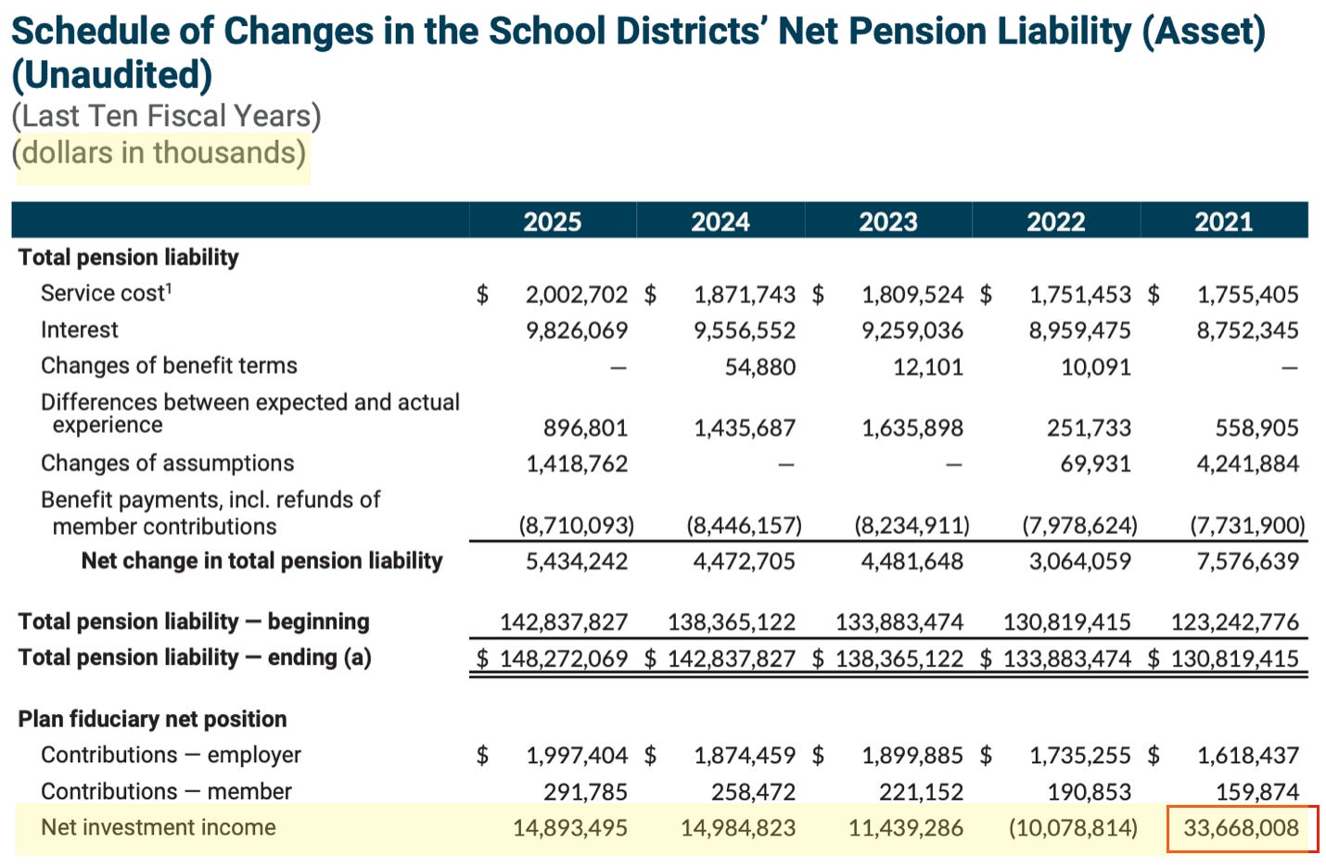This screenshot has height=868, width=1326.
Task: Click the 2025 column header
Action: tap(552, 222)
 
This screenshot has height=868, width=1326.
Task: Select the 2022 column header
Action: tap(1055, 222)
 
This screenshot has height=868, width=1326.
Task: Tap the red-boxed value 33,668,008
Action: tap(1241, 828)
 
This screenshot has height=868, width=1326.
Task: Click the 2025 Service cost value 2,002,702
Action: tap(576, 295)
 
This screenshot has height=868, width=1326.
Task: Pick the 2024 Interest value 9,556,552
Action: tap(744, 330)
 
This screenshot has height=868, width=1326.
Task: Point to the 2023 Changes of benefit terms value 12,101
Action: tap(927, 367)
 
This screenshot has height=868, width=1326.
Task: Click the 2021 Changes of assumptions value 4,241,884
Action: tap(1247, 464)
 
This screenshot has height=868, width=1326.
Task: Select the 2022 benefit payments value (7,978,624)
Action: tap(1079, 526)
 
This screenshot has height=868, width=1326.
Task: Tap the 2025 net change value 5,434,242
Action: tap(576, 561)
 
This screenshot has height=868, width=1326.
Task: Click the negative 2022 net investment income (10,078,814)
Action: tap(1073, 828)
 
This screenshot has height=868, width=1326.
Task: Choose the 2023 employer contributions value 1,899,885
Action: tap(912, 756)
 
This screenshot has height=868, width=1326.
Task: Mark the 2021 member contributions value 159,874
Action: tap(1256, 792)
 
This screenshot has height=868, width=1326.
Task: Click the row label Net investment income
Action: tap(158, 827)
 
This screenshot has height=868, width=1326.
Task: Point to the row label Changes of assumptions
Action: tap(167, 463)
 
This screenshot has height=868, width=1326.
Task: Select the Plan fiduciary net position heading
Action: tap(152, 719)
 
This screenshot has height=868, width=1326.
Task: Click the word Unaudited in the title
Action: tap(112, 74)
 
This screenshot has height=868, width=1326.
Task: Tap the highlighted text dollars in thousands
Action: tap(163, 152)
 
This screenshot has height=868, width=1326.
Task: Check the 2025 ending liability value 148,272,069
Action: tap(563, 658)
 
